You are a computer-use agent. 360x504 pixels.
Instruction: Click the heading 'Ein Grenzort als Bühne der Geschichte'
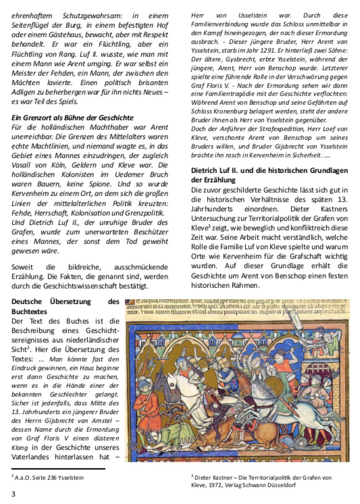coord(72,118)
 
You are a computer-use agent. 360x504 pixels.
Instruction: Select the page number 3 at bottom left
coord(13,493)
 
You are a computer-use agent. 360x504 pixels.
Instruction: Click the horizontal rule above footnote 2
coord(58,468)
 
